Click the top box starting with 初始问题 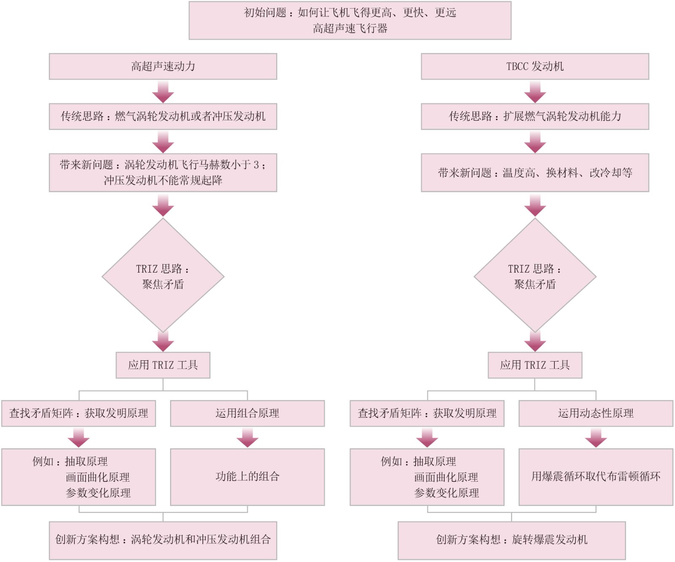coord(350,21)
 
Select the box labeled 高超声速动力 coord(163,66)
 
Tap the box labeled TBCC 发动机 coord(535,66)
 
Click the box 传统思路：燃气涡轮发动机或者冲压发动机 coord(163,116)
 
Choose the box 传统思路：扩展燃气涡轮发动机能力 coord(535,116)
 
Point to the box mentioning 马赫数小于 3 coord(163,173)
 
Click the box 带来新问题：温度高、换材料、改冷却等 coord(535,173)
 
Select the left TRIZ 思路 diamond coord(163,276)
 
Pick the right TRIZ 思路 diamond coord(535,276)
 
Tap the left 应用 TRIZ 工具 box coord(163,365)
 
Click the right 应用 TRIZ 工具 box coord(535,365)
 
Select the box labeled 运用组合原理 coord(247,413)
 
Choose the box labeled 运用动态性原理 coord(595,413)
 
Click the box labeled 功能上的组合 coord(247,477)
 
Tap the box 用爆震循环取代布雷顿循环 coord(595,477)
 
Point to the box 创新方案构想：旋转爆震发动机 coord(511,540)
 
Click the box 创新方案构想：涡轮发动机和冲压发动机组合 coord(163,540)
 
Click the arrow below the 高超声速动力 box coord(163,92)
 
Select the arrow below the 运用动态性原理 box coord(596,438)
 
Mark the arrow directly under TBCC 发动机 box coord(535,92)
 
